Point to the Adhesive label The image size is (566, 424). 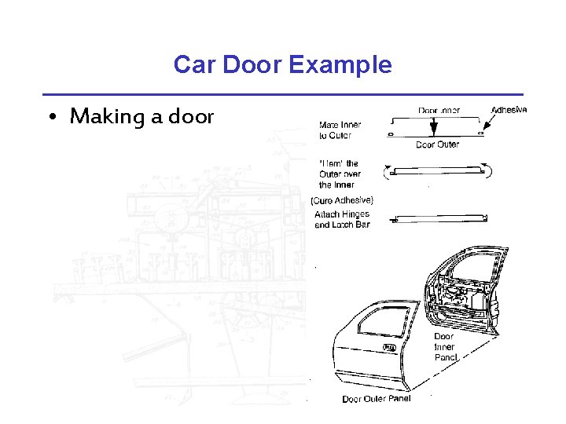pos(509,110)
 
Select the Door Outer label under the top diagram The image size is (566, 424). pos(437,144)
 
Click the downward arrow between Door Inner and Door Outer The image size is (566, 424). pos(433,124)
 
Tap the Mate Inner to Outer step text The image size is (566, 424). pos(340,130)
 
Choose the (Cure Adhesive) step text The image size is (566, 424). pos(342,200)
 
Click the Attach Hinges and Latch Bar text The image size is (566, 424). pos(342,219)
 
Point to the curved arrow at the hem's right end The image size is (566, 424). pos(488,168)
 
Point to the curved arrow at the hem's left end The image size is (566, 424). pos(387,170)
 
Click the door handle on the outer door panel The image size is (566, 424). pos(388,347)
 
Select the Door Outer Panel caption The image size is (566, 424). pos(376,399)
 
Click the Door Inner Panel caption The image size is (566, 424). pos(444,347)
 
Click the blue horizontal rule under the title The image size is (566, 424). pos(283,94)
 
